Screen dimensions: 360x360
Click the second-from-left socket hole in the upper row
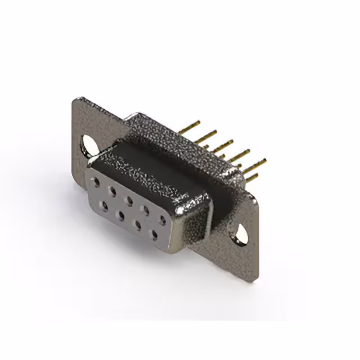coord(112,191)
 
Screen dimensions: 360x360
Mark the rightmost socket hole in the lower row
coord(153,233)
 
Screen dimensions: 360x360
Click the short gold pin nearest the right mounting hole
coord(251,178)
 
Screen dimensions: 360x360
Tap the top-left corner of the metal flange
coord(75,100)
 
